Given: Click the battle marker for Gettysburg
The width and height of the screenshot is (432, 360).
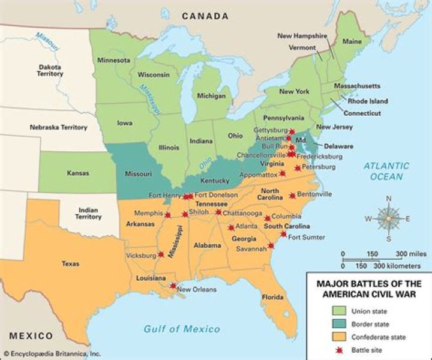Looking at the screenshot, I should click(x=292, y=132).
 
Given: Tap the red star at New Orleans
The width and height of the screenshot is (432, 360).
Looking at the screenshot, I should click(x=173, y=286).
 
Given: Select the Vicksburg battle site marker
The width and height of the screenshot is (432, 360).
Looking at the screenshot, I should click(x=161, y=254).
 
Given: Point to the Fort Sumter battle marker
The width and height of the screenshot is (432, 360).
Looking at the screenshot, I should click(x=283, y=234).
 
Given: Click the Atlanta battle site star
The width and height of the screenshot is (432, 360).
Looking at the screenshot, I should click(x=231, y=227).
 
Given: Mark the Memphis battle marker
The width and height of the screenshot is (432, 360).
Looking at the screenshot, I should click(x=168, y=215).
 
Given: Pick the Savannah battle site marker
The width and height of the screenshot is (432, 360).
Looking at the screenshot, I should click(x=271, y=245).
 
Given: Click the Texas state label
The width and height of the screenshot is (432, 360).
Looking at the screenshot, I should click(x=70, y=263).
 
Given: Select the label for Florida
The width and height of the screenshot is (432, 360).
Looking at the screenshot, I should click(x=272, y=297).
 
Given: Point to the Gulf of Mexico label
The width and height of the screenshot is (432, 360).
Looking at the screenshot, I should click(x=181, y=329).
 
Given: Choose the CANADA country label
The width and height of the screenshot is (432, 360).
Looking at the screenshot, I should click(x=205, y=16).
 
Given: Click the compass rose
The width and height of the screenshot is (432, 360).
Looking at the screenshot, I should click(x=388, y=219).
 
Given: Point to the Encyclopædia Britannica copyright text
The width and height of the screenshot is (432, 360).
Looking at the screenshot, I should click(x=53, y=354).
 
